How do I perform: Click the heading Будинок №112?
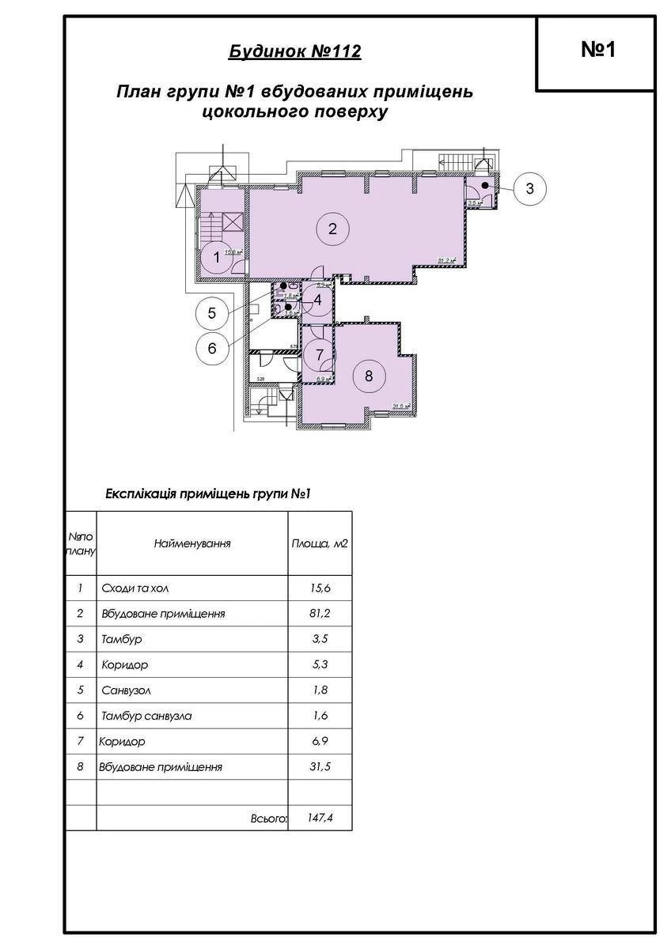tap(294, 52)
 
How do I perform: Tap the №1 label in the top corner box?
tap(598, 50)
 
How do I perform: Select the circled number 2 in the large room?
tap(332, 229)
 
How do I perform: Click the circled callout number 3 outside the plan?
tap(530, 188)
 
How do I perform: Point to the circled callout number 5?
tap(212, 312)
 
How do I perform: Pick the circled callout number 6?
tap(212, 348)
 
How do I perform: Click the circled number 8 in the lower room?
tap(369, 376)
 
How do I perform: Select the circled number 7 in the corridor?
tap(320, 355)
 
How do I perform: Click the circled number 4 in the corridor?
tap(317, 300)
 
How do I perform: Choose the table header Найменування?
tap(192, 544)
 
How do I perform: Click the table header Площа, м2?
tap(320, 544)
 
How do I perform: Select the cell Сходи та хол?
tap(135, 589)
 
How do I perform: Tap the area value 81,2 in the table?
tap(320, 614)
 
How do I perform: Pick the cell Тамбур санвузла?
tap(147, 716)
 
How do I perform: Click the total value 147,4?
tap(320, 819)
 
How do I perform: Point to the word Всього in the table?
tap(267, 819)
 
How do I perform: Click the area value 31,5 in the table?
tap(320, 767)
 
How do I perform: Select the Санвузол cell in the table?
tap(126, 690)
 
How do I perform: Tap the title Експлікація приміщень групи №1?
tap(207, 494)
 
